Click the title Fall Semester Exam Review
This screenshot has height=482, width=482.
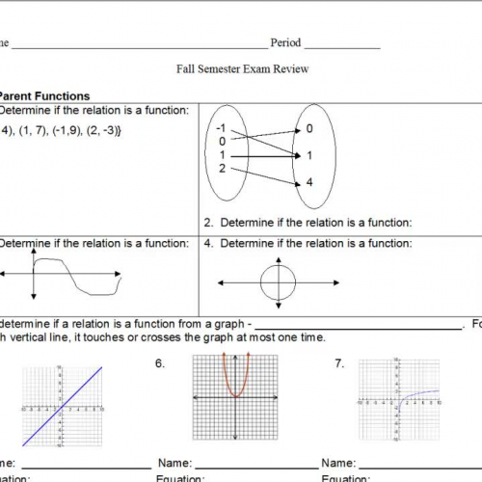[241, 69]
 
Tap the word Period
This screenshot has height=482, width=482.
[285, 43]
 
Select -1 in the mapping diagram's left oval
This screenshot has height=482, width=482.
[221, 128]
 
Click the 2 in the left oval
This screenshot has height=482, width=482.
[223, 169]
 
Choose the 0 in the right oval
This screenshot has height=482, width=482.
[308, 128]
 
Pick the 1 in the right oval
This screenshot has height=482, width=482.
[308, 155]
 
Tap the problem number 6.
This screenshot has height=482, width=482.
[159, 363]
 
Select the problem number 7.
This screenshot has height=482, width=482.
[339, 363]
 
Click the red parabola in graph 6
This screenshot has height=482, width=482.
[236, 381]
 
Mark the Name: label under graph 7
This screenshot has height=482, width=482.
[337, 464]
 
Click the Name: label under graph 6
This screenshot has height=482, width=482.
[174, 464]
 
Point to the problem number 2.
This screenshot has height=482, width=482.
[208, 223]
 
